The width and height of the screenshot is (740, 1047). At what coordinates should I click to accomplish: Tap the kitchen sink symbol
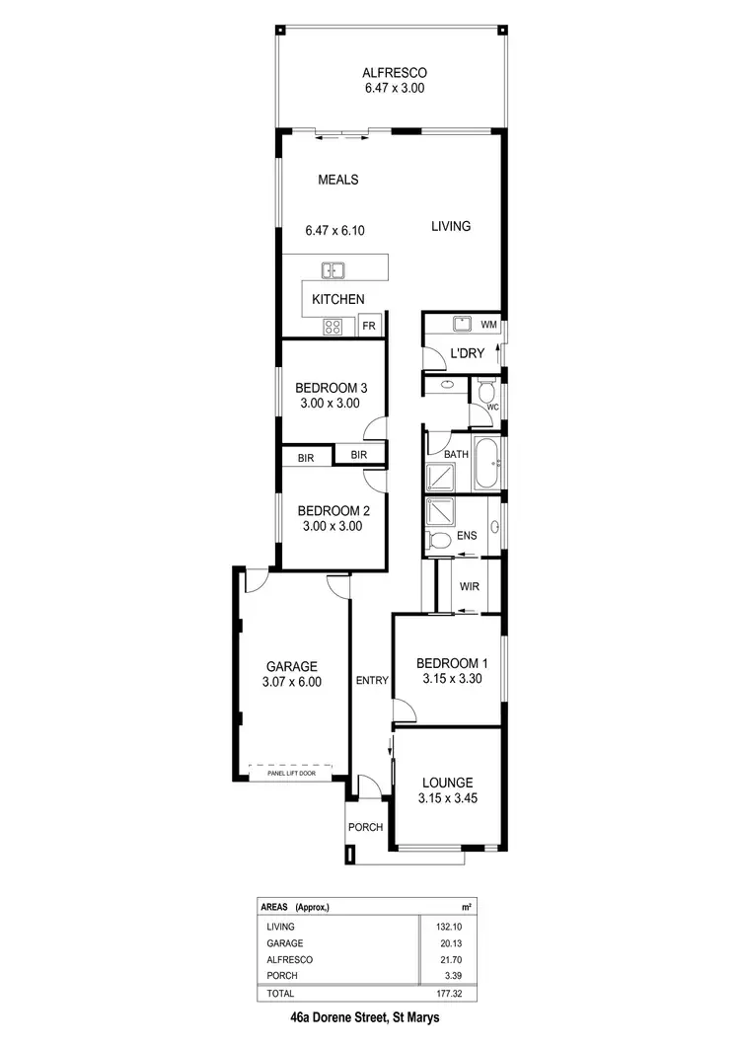[333, 268]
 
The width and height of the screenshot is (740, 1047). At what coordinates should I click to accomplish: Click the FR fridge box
[369, 326]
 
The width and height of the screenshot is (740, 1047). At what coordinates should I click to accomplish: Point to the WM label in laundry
[488, 324]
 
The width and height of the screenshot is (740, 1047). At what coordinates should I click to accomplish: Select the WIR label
[469, 586]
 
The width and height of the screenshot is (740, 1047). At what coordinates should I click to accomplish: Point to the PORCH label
[365, 827]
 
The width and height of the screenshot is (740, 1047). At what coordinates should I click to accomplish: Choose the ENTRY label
[372, 680]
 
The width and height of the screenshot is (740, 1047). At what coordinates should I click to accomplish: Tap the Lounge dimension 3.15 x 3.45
[450, 799]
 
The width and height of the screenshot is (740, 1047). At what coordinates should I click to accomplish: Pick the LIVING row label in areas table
[281, 927]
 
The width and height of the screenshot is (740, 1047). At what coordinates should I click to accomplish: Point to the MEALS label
[337, 180]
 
